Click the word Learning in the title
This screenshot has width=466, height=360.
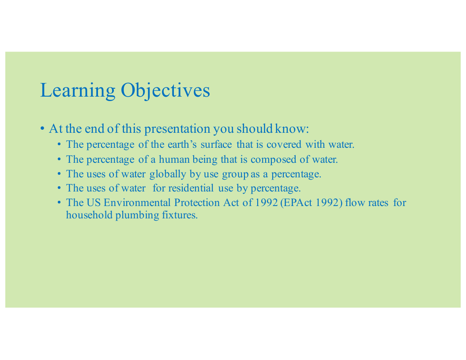pyautogui.click(x=78, y=90)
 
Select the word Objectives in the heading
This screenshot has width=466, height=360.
pyautogui.click(x=165, y=90)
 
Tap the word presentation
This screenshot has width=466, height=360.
pyautogui.click(x=177, y=129)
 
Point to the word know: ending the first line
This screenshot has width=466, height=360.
pyautogui.click(x=292, y=129)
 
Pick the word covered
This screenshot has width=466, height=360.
pyautogui.click(x=284, y=144)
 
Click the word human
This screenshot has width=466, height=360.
pyautogui.click(x=174, y=160)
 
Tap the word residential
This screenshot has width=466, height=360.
pyautogui.click(x=191, y=188)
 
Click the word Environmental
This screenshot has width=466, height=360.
pyautogui.click(x=137, y=202)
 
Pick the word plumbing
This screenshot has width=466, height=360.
pyautogui.click(x=137, y=215)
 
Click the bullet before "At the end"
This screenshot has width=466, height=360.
pyautogui.click(x=42, y=129)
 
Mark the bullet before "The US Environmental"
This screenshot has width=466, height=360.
pyautogui.click(x=60, y=202)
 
